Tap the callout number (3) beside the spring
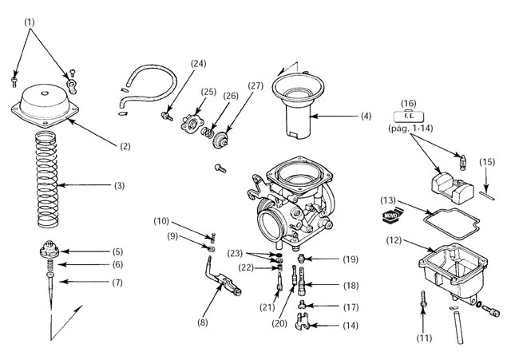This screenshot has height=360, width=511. pyautogui.click(x=119, y=186)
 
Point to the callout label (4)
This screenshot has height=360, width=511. pyautogui.click(x=365, y=117)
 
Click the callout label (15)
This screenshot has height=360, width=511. pyautogui.click(x=487, y=162)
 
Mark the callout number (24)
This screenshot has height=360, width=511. pyautogui.click(x=199, y=65)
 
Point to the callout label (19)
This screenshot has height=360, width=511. pyautogui.click(x=351, y=259)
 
